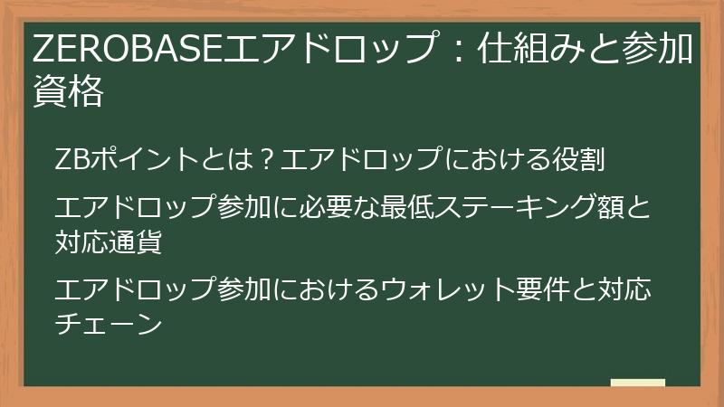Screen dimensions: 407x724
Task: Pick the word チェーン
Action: (108, 322)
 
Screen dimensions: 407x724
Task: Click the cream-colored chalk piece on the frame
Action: (637, 383)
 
